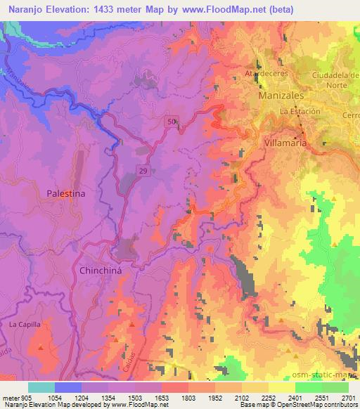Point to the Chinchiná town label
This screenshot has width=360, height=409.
pos(103,270)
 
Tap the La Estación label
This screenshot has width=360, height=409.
pos(300,111)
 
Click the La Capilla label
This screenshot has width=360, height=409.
pos(25,325)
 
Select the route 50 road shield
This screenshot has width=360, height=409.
pos(172,122)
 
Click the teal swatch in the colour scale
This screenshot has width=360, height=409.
pos(41,387)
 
